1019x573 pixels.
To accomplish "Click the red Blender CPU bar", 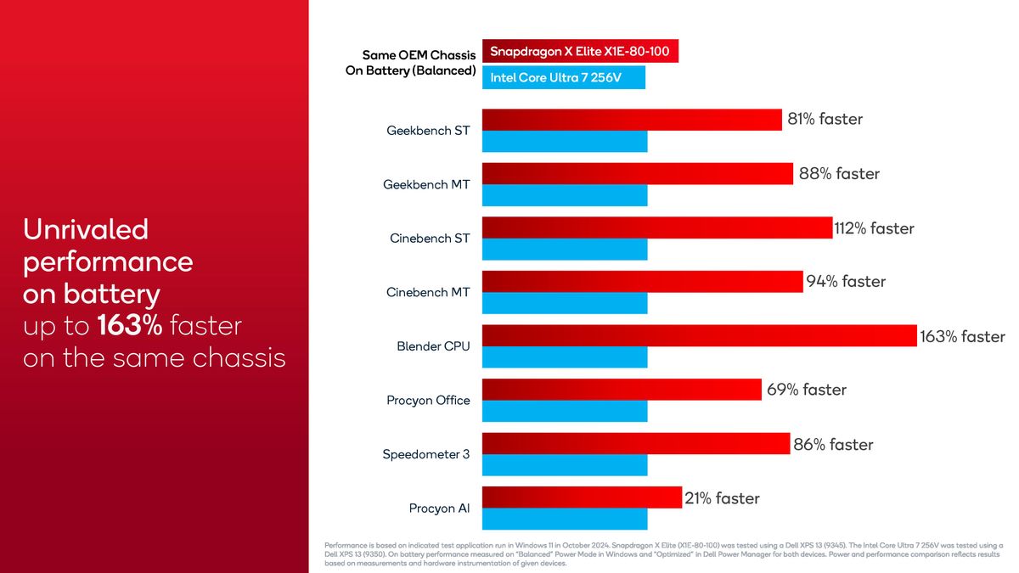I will click(x=699, y=335).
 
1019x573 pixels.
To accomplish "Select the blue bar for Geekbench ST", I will click(x=565, y=142).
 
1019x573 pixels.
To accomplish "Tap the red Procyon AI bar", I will click(x=582, y=497).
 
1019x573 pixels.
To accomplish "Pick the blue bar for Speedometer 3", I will click(x=565, y=465).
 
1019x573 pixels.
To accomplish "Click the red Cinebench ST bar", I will click(x=656, y=228).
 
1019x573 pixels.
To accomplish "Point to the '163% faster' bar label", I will click(x=962, y=336).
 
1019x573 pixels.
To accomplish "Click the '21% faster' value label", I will click(x=722, y=498).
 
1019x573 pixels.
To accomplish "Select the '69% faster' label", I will click(x=806, y=390).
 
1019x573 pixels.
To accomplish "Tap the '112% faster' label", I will click(x=874, y=228).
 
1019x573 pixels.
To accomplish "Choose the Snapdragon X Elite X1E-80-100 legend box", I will click(x=580, y=52).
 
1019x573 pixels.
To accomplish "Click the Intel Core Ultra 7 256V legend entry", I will click(x=564, y=78).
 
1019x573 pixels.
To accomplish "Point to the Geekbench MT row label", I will click(x=426, y=184).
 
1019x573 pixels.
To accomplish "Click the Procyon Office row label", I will click(x=428, y=400).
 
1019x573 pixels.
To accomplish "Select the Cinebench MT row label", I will click(x=427, y=292).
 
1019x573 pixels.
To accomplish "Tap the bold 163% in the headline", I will click(x=129, y=326).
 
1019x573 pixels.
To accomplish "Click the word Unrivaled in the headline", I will click(x=86, y=229).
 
